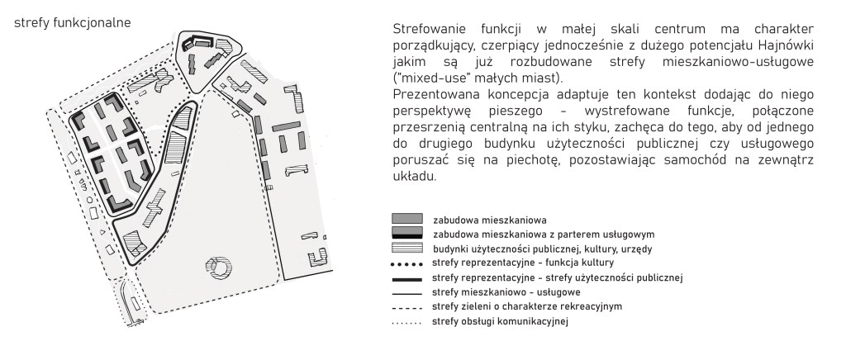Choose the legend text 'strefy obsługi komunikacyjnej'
pos(501,321)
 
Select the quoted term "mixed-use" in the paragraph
pos(427,78)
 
